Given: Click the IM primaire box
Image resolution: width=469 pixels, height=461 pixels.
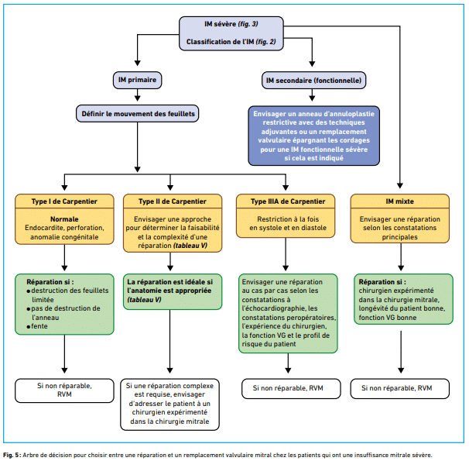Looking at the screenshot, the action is point(137,80).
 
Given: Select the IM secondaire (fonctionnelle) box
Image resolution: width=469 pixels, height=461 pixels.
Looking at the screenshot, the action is point(313,81).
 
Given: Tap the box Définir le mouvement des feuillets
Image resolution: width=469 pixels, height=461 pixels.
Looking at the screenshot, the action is point(137,113).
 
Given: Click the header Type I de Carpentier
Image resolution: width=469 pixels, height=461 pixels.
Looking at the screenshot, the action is point(64,201).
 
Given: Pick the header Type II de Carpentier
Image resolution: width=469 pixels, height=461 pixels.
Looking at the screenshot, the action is point(173,201).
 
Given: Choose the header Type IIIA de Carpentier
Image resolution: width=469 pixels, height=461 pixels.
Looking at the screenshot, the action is point(286,201).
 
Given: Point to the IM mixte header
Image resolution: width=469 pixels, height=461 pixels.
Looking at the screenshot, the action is point(400,201).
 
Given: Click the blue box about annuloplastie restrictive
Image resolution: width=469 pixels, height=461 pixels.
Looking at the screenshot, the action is point(313,136).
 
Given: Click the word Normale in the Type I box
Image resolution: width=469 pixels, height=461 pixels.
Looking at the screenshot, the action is point(64,219).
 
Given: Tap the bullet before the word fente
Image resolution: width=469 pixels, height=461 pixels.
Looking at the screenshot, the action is point(29,327).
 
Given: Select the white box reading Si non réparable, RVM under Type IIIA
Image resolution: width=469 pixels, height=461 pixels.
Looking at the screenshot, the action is point(291,389).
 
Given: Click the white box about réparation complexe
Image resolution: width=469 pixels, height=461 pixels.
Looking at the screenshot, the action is point(170,404).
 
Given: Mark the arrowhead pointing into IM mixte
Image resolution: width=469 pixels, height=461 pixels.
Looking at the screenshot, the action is point(400,186).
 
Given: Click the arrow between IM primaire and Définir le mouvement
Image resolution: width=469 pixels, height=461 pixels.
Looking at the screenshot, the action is point(137,95).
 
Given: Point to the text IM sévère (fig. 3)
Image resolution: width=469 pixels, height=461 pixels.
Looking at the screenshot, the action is point(231,24).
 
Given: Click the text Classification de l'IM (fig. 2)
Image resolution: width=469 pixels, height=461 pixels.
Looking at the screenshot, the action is point(231,42).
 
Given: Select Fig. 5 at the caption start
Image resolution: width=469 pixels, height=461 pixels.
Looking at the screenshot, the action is point(12,455).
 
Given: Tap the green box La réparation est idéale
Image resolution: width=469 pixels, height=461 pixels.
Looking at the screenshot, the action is point(173,291).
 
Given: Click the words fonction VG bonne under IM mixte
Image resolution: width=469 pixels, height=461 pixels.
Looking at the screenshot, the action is point(388,318).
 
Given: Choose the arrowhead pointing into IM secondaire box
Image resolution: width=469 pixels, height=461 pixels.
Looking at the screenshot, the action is point(312,64).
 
